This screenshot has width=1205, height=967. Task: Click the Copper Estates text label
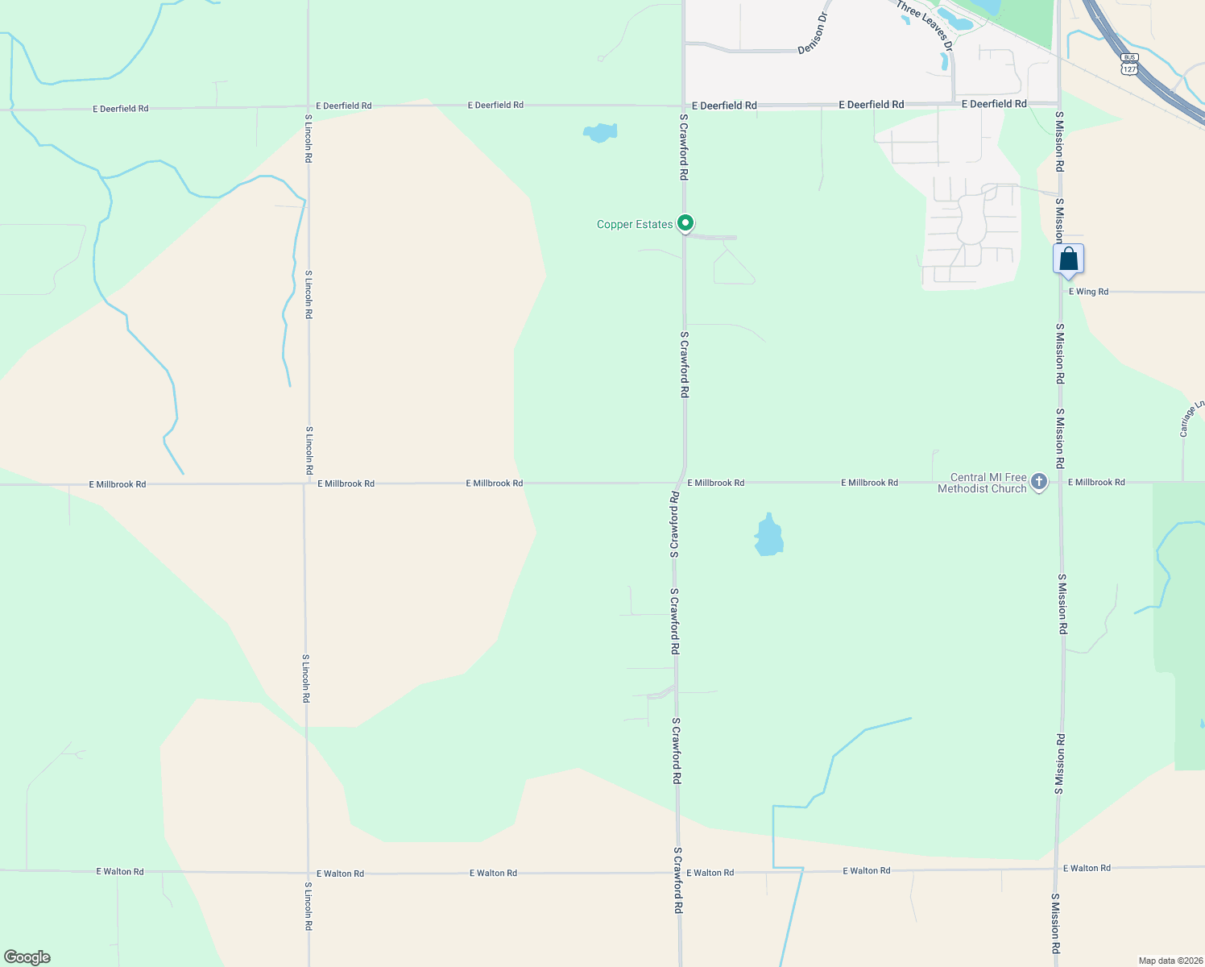634,224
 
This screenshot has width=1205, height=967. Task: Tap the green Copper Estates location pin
685,222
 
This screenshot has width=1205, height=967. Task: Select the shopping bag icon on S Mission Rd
1068,260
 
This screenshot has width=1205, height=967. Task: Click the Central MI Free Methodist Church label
983,483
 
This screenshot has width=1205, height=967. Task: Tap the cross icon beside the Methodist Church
1039,483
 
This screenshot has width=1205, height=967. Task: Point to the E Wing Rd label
1088,292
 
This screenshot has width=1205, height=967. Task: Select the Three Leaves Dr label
925,26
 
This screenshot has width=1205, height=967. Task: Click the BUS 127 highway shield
1129,64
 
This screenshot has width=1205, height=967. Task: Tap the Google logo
27,957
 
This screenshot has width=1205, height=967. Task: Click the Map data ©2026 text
1170,961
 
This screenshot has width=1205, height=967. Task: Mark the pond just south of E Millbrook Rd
768,536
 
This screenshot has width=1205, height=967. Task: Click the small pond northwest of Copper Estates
600,132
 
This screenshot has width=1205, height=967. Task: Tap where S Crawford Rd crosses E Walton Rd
678,873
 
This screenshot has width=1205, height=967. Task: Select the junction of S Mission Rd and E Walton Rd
1058,869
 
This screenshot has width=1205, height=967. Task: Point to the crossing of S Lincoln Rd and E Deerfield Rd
308,106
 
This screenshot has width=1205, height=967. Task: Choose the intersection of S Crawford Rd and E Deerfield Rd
684,106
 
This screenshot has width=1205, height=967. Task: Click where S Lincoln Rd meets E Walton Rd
308,873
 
